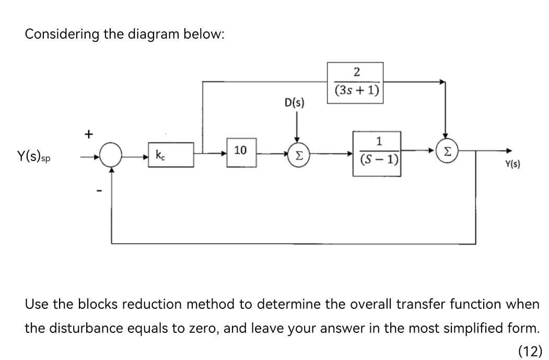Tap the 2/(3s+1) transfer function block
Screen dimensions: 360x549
pos(355,83)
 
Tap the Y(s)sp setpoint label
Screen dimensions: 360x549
pos(37,156)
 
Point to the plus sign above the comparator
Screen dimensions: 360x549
pos(89,134)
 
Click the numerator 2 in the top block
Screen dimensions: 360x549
pos(356,72)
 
